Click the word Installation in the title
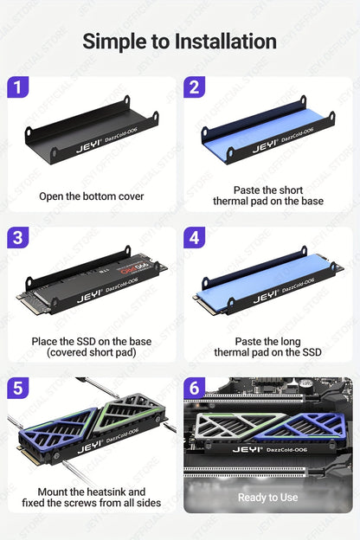[x=225, y=41]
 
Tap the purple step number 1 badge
[x=18, y=87]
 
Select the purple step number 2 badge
[x=195, y=87]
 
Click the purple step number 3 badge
[x=18, y=238]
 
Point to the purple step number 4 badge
[x=195, y=238]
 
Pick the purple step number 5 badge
[x=18, y=389]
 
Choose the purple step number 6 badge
[x=195, y=389]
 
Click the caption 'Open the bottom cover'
[x=91, y=196]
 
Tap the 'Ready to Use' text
[x=267, y=498]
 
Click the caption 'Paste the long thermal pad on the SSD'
[x=267, y=347]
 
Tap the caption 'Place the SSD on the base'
[x=91, y=341]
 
